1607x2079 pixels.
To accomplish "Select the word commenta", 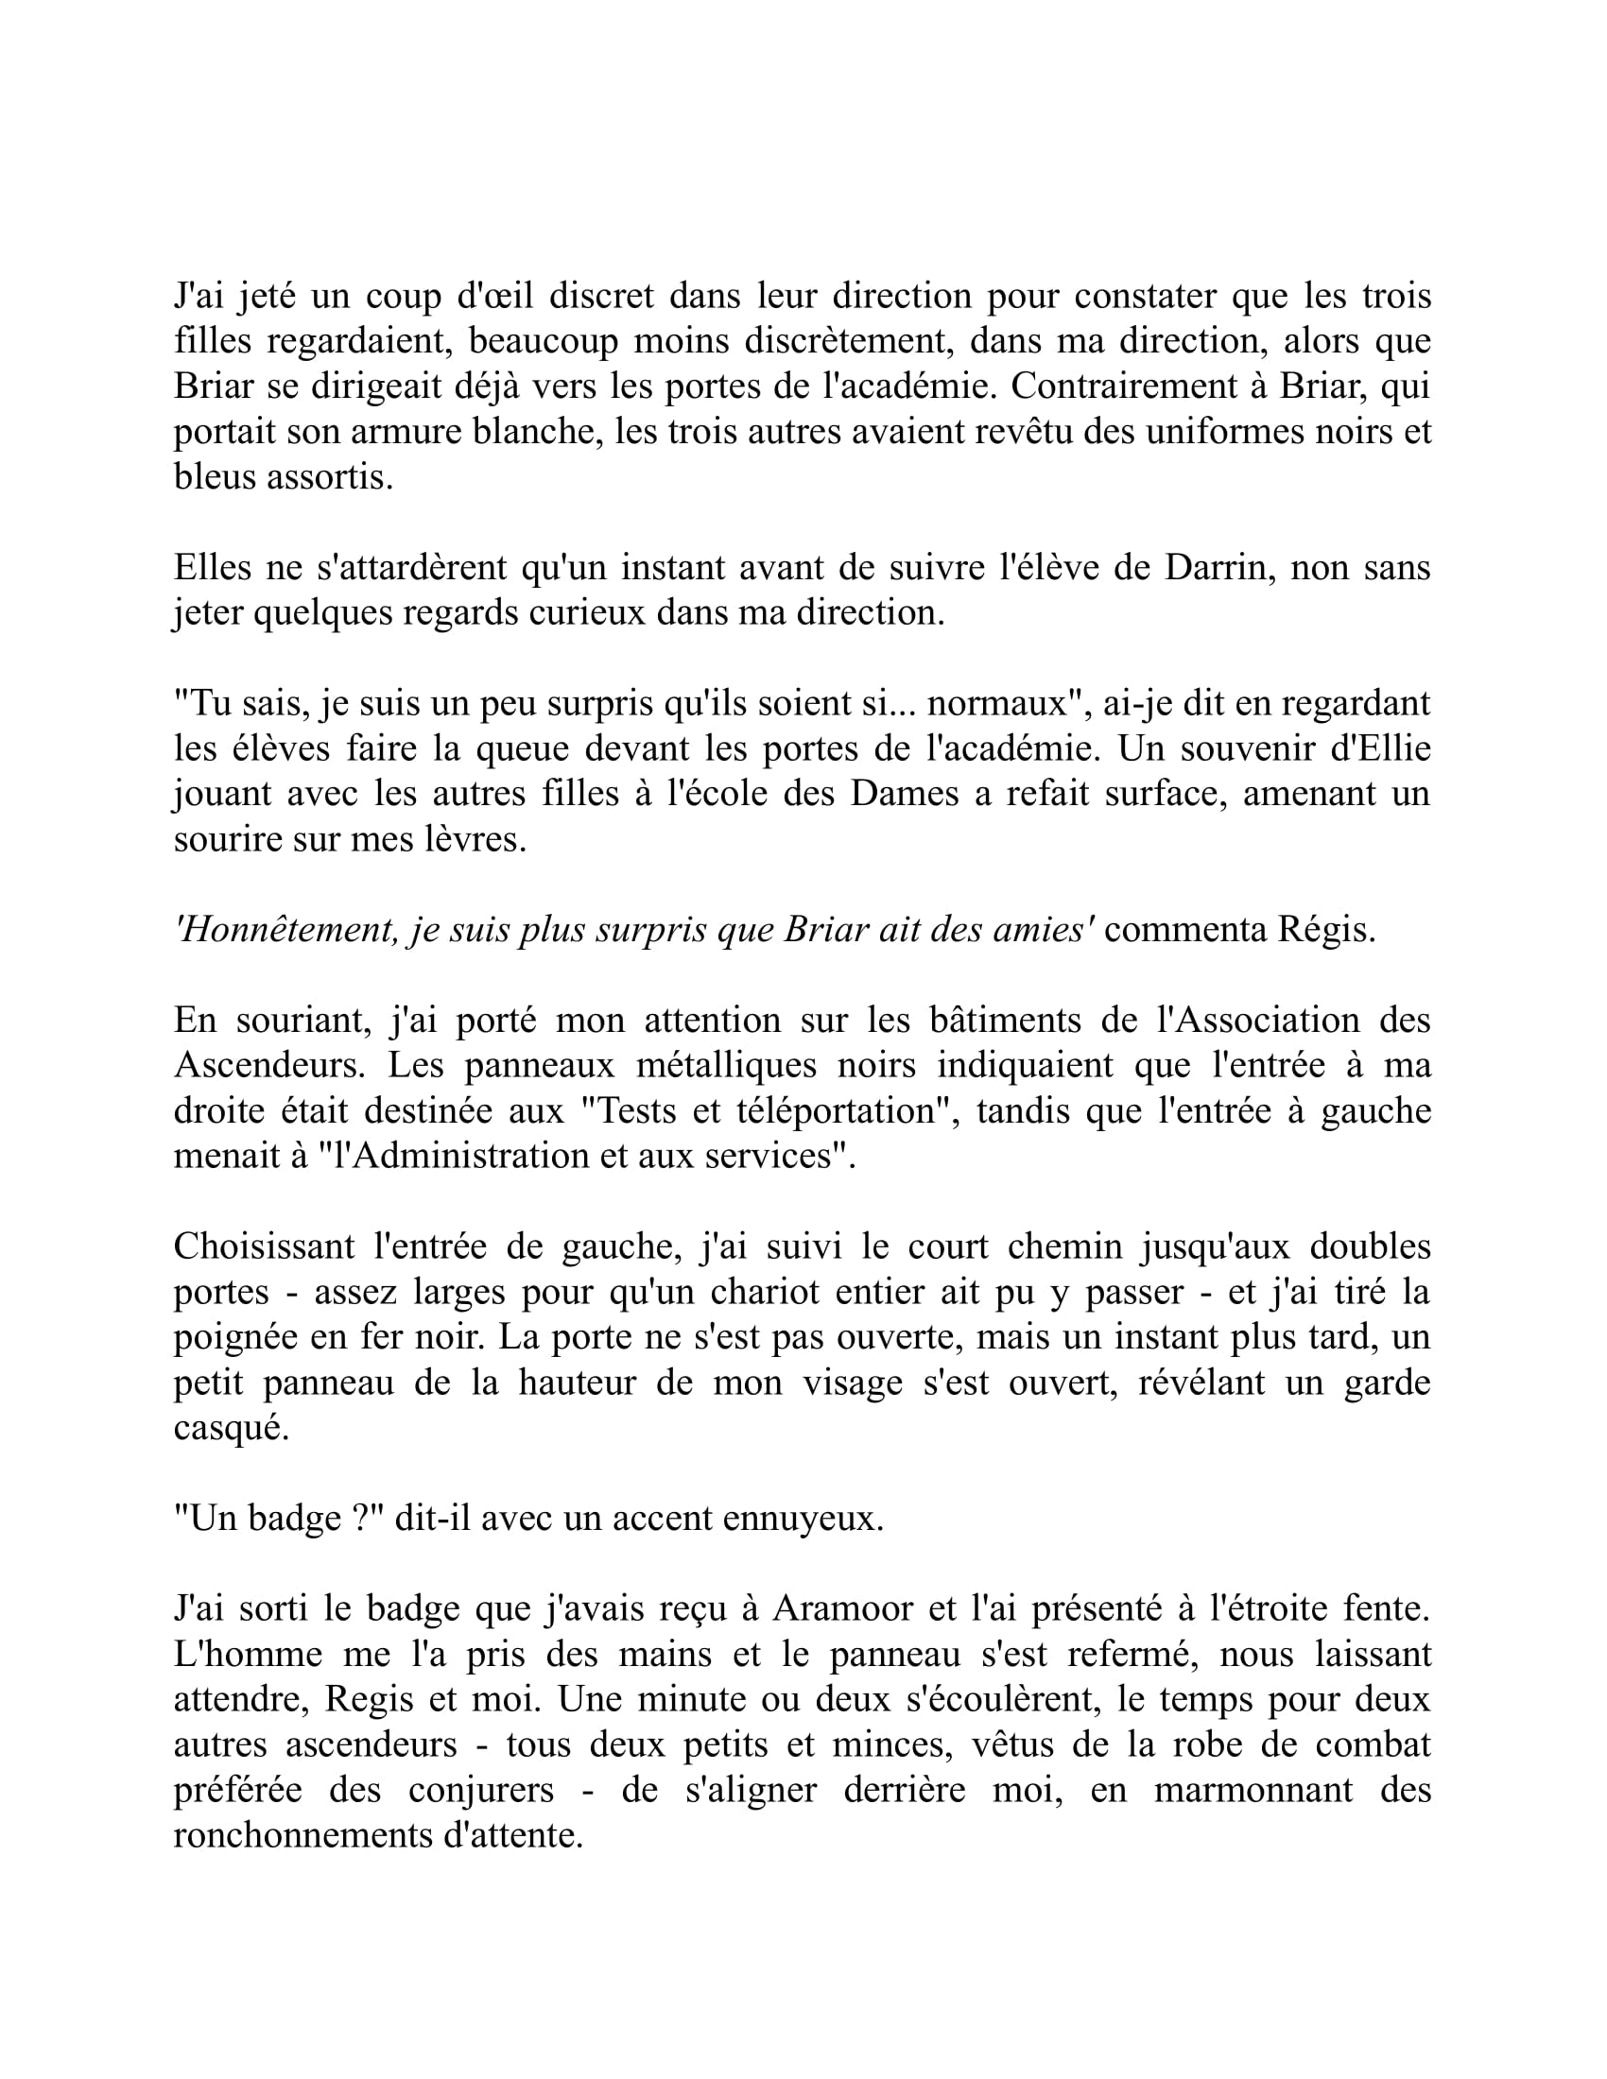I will click(1184, 930).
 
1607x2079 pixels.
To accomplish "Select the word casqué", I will click(231, 1428).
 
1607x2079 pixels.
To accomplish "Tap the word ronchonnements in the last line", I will click(302, 1835).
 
